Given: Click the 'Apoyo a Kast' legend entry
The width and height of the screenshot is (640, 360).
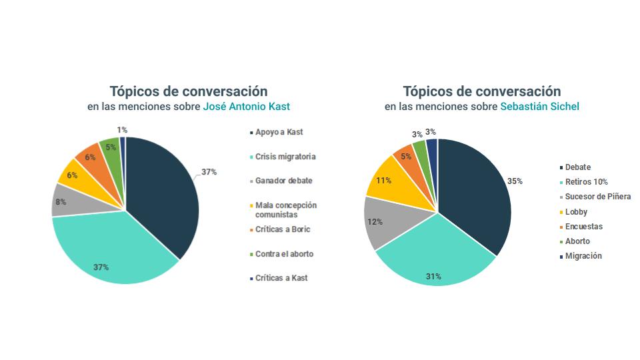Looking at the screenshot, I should [279, 133].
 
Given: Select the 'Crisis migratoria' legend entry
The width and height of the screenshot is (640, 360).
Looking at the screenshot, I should [285, 157].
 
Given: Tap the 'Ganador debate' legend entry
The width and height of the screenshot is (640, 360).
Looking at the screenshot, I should [283, 181].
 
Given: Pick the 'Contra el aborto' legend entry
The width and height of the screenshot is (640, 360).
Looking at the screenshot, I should [284, 254].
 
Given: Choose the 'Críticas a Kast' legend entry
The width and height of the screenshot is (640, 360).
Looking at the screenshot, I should [281, 278].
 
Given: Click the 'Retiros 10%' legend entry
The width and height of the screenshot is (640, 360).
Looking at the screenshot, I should [586, 182].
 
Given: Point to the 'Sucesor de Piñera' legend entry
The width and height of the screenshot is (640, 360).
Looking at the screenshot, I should [597, 197].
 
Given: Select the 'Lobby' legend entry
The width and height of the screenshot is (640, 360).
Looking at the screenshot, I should [576, 212].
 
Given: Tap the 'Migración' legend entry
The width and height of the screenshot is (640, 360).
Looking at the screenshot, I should [583, 256].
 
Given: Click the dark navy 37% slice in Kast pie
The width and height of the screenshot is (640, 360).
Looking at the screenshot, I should [163, 193].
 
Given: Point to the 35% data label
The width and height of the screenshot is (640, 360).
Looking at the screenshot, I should [514, 181].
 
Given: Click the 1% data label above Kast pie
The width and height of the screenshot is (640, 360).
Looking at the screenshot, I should [122, 130].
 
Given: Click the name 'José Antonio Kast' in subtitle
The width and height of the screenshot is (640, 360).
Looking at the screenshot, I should [246, 107].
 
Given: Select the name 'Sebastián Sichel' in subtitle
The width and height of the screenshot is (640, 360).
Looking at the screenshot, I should [540, 107].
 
